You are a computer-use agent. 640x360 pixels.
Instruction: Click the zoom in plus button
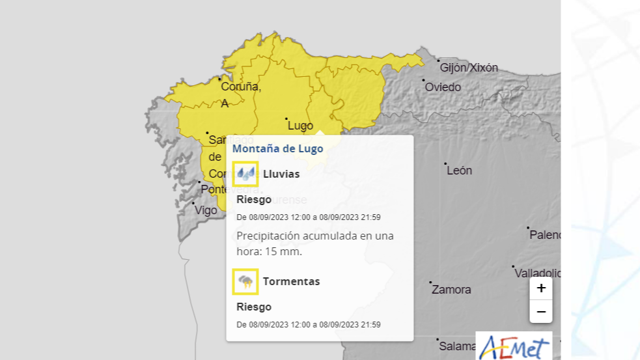[541, 288]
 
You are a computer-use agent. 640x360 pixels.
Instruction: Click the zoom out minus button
[541, 312]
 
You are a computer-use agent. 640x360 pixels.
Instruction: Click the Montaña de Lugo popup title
[278, 148]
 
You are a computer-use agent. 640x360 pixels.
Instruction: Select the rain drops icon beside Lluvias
[245, 174]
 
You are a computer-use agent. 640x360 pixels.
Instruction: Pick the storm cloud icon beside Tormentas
[245, 281]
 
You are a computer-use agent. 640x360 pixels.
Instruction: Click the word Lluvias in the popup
[281, 174]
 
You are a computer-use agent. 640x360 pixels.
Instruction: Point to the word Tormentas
[291, 281]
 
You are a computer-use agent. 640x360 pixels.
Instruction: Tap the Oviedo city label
[443, 87]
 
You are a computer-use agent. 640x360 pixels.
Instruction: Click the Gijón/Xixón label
[469, 68]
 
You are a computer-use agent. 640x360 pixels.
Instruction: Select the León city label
[460, 171]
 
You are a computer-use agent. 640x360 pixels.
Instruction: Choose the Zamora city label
[451, 290]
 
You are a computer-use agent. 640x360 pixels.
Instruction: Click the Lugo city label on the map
[300, 126]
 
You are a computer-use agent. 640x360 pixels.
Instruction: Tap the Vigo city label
[206, 210]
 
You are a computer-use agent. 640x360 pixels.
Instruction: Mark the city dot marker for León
[445, 163]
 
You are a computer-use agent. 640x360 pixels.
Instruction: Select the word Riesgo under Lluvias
[254, 199]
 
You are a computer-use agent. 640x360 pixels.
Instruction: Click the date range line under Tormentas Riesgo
[308, 324]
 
